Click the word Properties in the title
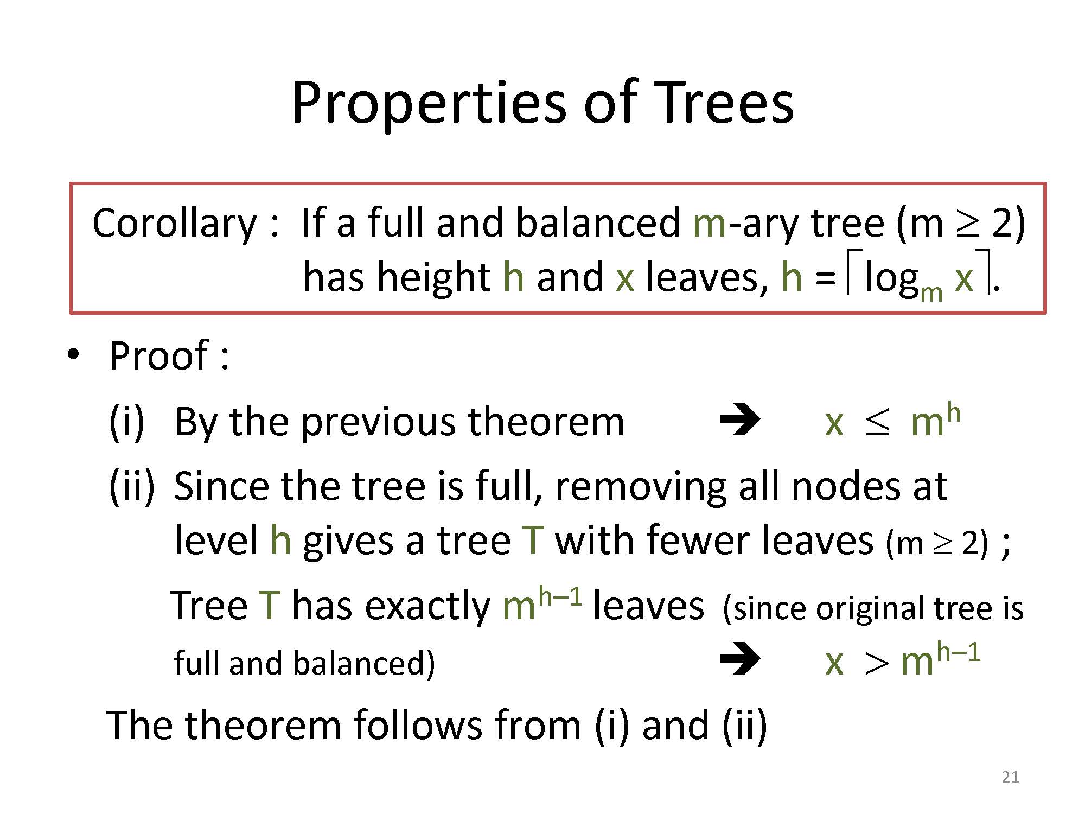(427, 104)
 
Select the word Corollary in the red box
(174, 224)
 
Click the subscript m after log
(931, 295)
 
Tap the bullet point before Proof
(73, 355)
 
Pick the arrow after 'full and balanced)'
(741, 659)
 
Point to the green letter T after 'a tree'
(532, 541)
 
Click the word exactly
(427, 607)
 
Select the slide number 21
(1010, 777)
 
